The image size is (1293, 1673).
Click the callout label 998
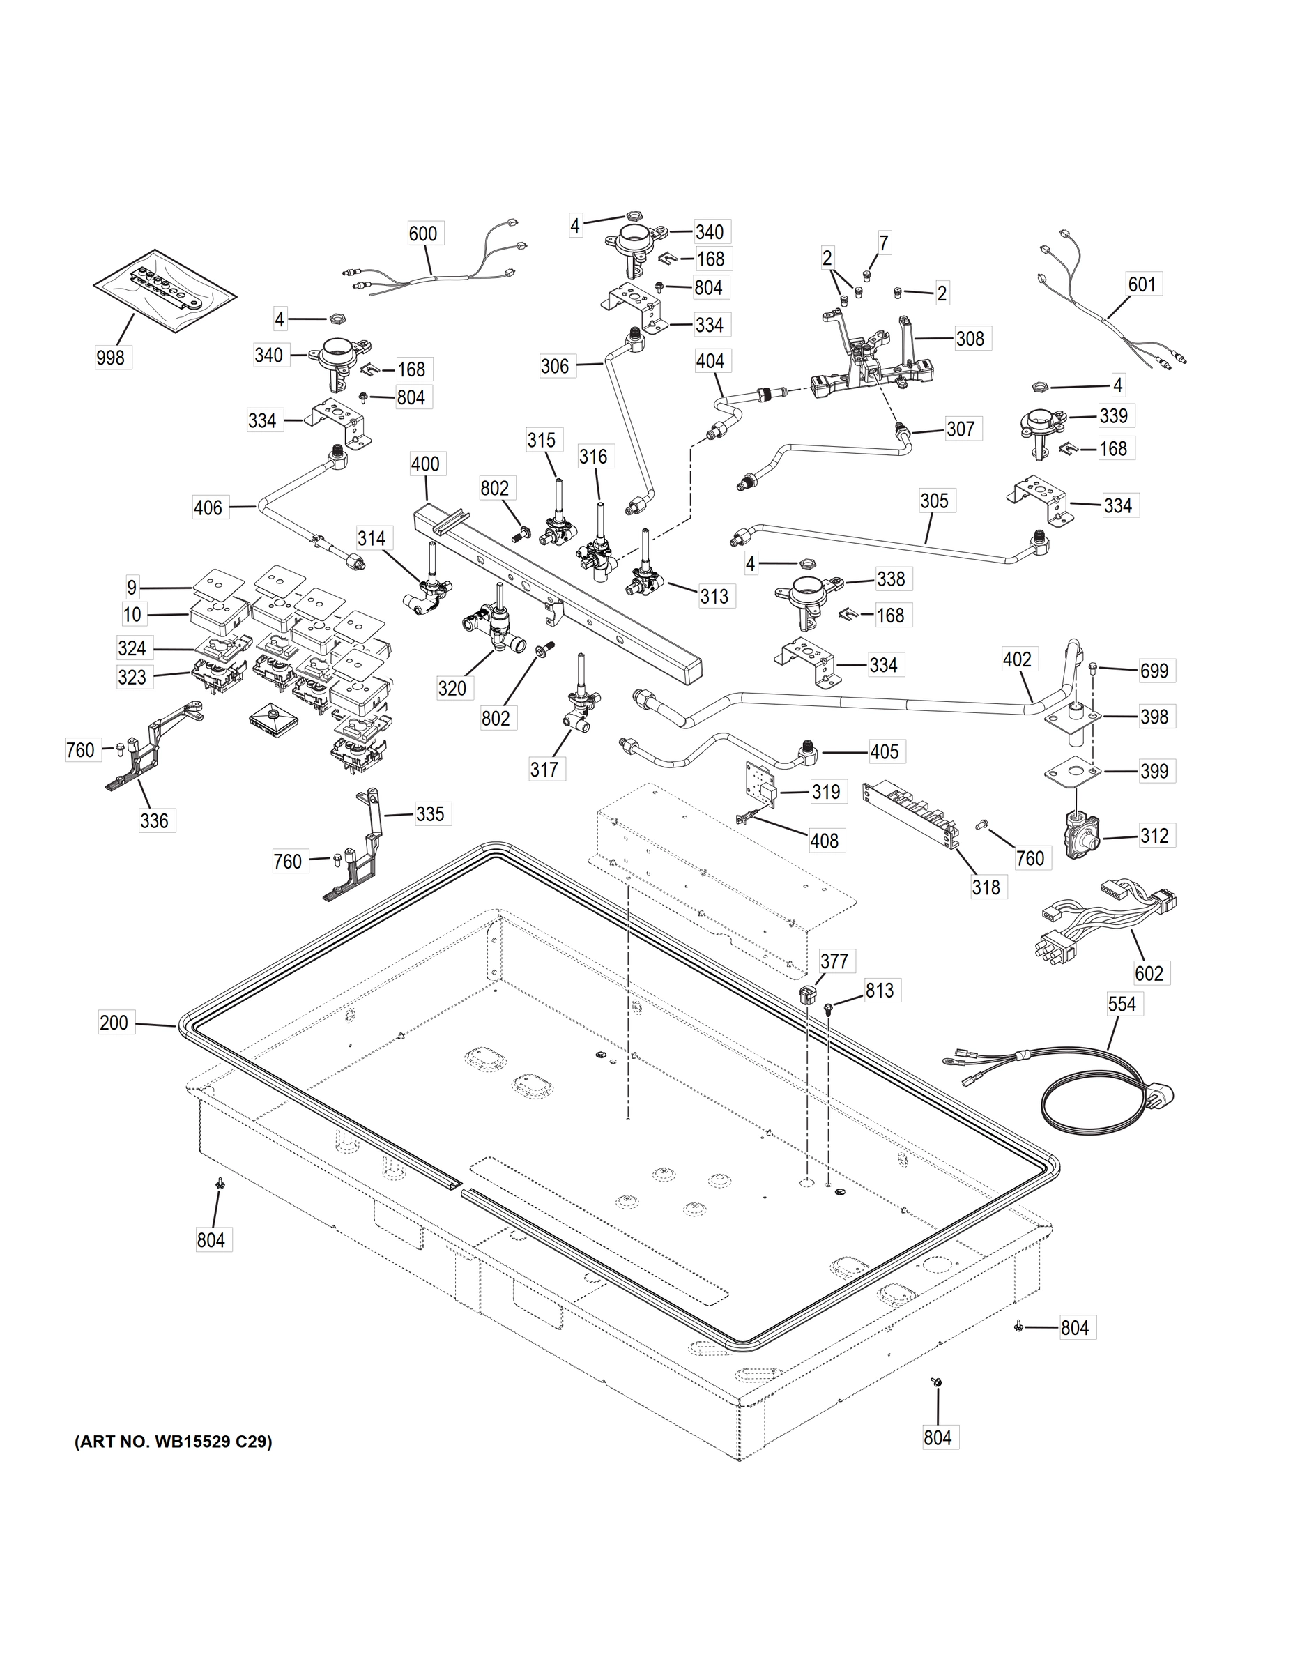click(110, 357)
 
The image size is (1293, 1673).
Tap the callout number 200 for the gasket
click(114, 1022)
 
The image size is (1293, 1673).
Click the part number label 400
click(425, 464)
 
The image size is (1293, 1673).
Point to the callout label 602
click(1149, 973)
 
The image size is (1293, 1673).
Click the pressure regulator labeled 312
click(1083, 837)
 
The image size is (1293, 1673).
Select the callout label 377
click(834, 961)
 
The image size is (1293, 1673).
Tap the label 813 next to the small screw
click(880, 991)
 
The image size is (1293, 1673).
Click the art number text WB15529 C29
click(173, 1442)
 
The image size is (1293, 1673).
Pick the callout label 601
click(1141, 284)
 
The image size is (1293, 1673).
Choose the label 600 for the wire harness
click(423, 234)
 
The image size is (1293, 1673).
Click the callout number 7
click(884, 243)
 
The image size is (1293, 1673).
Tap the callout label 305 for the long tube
click(934, 501)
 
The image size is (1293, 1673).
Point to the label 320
click(452, 688)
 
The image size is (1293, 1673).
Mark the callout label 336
click(154, 821)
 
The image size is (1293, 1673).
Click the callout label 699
click(1154, 671)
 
